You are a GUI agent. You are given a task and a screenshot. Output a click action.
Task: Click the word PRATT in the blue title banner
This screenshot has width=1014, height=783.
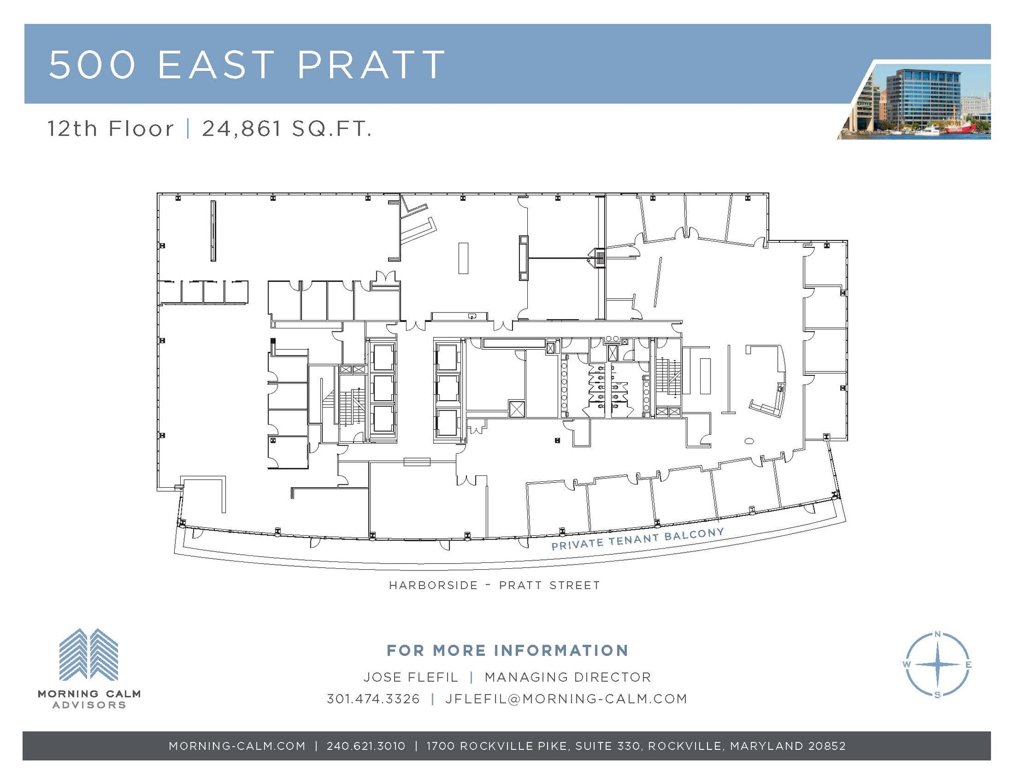pos(371,64)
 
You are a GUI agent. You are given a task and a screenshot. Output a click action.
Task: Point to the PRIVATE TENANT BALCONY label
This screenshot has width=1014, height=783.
pos(638,539)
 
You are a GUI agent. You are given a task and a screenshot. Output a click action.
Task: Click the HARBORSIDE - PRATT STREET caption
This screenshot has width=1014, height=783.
pos(494,585)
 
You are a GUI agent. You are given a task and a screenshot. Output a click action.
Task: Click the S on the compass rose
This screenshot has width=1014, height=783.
pos(937,695)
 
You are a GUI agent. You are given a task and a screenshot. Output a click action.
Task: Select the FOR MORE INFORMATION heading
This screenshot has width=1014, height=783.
pos(507,650)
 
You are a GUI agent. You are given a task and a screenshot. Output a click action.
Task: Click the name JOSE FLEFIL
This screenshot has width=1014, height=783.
pos(411,677)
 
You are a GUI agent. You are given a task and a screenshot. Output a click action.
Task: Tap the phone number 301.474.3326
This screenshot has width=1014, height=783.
pos(373,698)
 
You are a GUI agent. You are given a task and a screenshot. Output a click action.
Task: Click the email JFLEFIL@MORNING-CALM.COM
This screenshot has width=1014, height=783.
pos(566,698)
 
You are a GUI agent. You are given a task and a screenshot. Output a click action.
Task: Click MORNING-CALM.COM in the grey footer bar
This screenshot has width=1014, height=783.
pos(237,746)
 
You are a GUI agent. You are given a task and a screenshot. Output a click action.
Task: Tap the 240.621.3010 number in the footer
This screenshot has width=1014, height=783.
pos(366,746)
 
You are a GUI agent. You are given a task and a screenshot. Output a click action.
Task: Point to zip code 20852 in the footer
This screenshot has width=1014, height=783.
pos(827,746)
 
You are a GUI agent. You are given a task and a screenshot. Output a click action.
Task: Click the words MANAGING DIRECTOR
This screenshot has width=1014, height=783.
pos(567,677)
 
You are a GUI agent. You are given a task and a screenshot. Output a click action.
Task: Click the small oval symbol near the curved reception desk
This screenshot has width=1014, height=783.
pos(749,440)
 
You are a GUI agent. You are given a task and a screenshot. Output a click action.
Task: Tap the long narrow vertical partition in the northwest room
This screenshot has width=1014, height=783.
pos(213,230)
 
